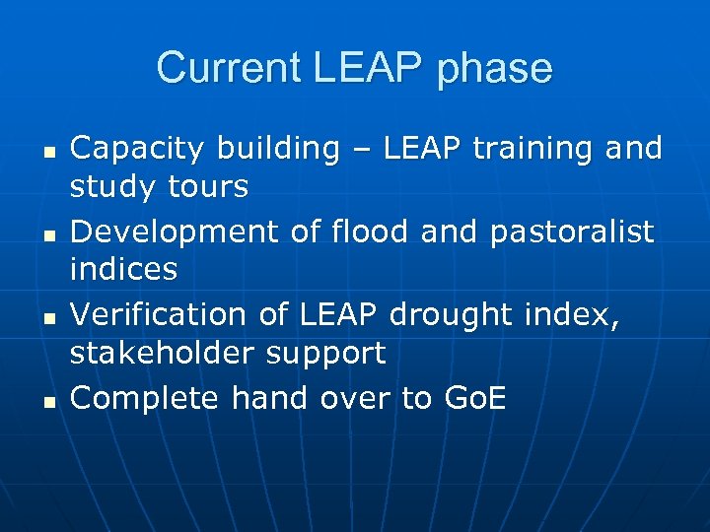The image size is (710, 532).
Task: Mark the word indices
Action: tap(124, 268)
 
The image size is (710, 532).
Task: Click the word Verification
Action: tap(154, 314)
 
